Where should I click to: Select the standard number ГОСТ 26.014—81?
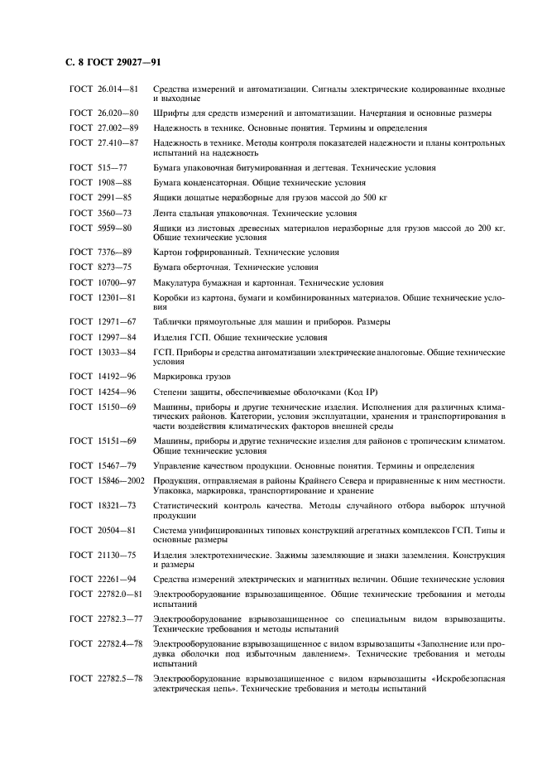(103, 88)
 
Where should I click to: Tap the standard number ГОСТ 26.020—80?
(103, 113)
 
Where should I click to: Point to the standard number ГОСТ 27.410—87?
(103, 142)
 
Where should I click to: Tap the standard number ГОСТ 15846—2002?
(108, 480)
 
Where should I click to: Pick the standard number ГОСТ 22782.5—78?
(107, 679)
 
